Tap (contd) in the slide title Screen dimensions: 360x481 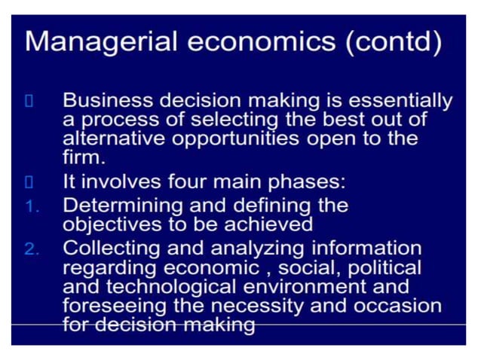point(393,42)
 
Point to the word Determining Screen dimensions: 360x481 point(124,205)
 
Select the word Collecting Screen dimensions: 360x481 point(114,249)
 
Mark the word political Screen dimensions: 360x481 point(384,267)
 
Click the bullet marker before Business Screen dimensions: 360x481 point(29,101)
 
